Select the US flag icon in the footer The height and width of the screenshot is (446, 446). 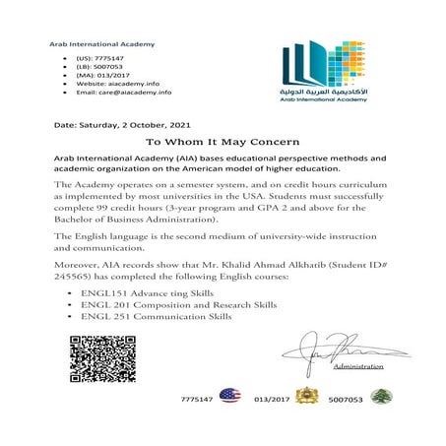click(x=229, y=396)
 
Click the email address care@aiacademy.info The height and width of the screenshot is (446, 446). click(x=124, y=92)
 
